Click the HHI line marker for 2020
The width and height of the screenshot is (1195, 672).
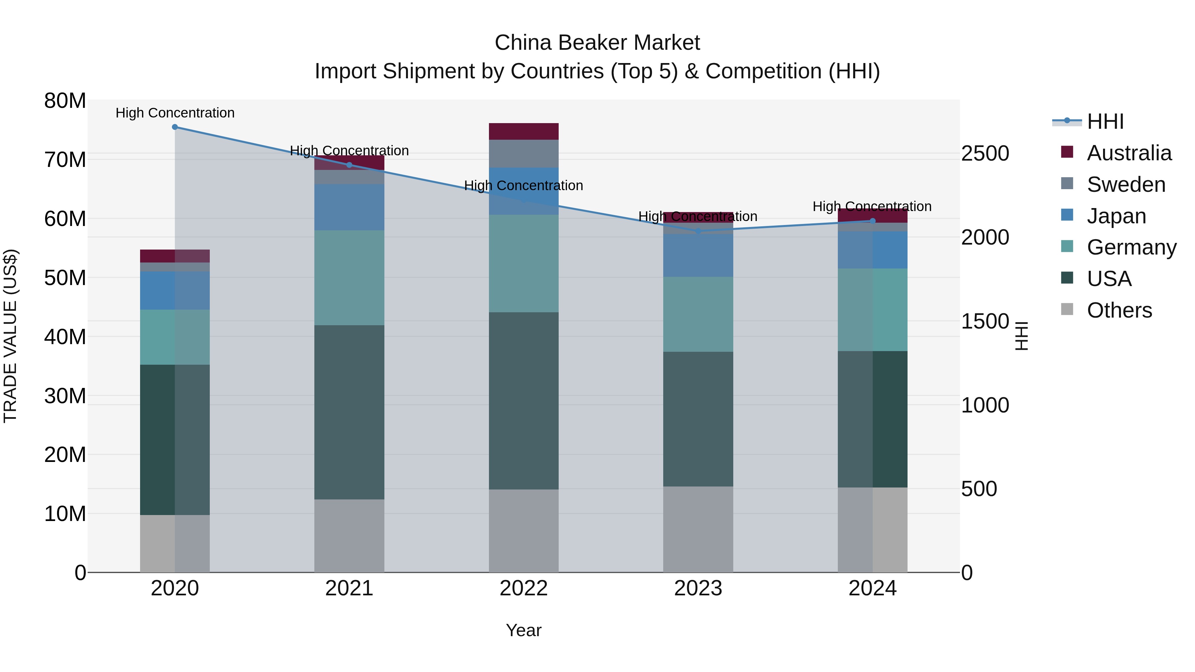[x=175, y=127]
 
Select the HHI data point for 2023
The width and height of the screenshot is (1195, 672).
[x=698, y=231]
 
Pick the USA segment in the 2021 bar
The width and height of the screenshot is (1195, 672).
[x=349, y=412]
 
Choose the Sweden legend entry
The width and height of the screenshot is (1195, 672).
[x=1126, y=185]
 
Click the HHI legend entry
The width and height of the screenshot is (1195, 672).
[x=1105, y=121]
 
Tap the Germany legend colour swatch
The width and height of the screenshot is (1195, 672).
[x=1067, y=246]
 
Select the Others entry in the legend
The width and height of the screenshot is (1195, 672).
[x=1119, y=310]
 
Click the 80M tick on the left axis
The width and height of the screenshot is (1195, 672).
[x=65, y=101]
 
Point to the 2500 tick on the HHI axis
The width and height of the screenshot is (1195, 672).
[x=985, y=154]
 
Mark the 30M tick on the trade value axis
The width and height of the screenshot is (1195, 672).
[x=65, y=396]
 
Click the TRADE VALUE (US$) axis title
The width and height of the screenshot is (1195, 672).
[x=10, y=336]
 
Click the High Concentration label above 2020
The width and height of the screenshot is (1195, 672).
[x=175, y=113]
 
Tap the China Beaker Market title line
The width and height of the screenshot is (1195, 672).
[x=597, y=43]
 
